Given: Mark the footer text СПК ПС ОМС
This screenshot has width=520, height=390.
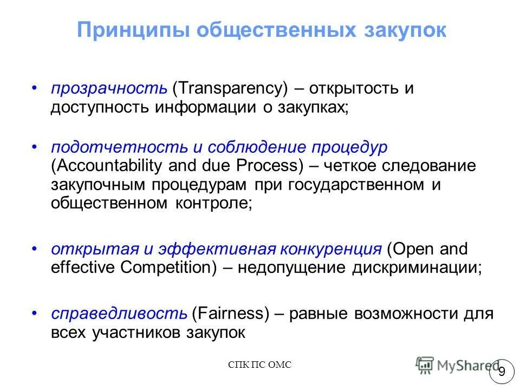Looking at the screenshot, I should click(x=260, y=365).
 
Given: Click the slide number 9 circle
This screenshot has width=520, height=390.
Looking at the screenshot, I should click(x=502, y=372).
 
